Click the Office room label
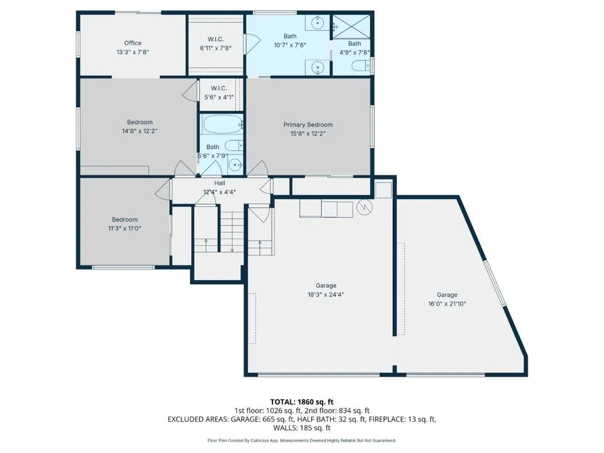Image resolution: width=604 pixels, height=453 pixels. (133, 43)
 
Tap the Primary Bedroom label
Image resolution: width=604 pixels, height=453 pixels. (308, 125)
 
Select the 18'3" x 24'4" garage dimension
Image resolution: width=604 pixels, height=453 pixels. (326, 295)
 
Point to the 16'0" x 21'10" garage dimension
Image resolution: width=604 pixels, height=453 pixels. (447, 304)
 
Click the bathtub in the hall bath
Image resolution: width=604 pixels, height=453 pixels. (221, 124)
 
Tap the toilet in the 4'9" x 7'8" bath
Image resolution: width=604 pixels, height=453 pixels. (360, 65)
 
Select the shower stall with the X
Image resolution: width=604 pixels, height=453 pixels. (351, 27)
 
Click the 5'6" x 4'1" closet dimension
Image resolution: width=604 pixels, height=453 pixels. (219, 97)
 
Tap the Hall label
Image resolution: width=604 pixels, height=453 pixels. (219, 183)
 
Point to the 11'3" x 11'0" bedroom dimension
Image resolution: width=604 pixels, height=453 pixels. (125, 228)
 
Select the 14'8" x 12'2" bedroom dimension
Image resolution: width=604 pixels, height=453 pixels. (140, 131)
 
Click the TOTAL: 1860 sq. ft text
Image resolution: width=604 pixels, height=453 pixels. (301, 402)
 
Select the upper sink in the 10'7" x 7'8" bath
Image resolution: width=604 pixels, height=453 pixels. (318, 23)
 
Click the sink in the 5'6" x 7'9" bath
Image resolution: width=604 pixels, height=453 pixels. (235, 166)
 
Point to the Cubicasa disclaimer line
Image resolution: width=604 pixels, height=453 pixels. (301, 440)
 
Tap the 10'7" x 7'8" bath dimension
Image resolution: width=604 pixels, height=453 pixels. (290, 45)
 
